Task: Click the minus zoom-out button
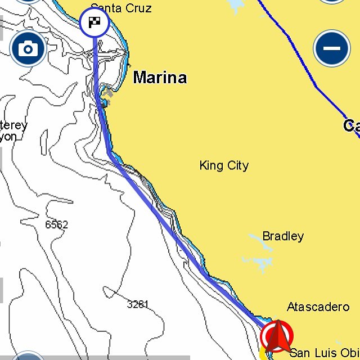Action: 332,48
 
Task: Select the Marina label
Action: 160,78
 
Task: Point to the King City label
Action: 224,165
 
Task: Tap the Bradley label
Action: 283,236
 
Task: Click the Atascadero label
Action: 318,307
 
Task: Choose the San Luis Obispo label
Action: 324,353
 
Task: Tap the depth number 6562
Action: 56,225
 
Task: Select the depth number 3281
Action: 138,304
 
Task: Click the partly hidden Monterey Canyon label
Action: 12,130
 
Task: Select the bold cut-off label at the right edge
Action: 352,126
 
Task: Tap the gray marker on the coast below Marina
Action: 108,93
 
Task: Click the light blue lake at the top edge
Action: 235,5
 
